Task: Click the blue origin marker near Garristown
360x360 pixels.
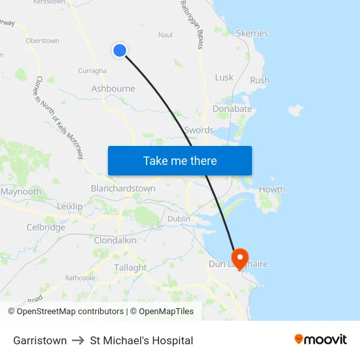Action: (x=120, y=50)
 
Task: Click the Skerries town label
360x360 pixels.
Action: (x=252, y=33)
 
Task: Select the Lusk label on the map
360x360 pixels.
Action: (x=224, y=77)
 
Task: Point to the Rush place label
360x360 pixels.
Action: (x=259, y=81)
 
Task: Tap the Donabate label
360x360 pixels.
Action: (x=232, y=109)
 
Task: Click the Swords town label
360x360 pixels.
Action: (x=199, y=130)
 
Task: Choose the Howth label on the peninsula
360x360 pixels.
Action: (x=272, y=190)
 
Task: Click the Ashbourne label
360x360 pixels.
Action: (x=113, y=89)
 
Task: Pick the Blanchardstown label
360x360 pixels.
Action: (x=123, y=189)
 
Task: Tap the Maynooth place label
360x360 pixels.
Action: (x=21, y=192)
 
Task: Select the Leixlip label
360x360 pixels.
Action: (x=70, y=206)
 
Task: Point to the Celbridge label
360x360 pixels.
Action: (x=46, y=228)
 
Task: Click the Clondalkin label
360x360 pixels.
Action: (x=115, y=240)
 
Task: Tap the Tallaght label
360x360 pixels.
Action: (x=130, y=268)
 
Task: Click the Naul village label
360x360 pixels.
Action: (x=166, y=35)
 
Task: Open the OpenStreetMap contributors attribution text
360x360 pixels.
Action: (x=70, y=312)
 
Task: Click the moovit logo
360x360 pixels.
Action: (x=321, y=340)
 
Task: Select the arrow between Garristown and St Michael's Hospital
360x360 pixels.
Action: (x=78, y=340)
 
